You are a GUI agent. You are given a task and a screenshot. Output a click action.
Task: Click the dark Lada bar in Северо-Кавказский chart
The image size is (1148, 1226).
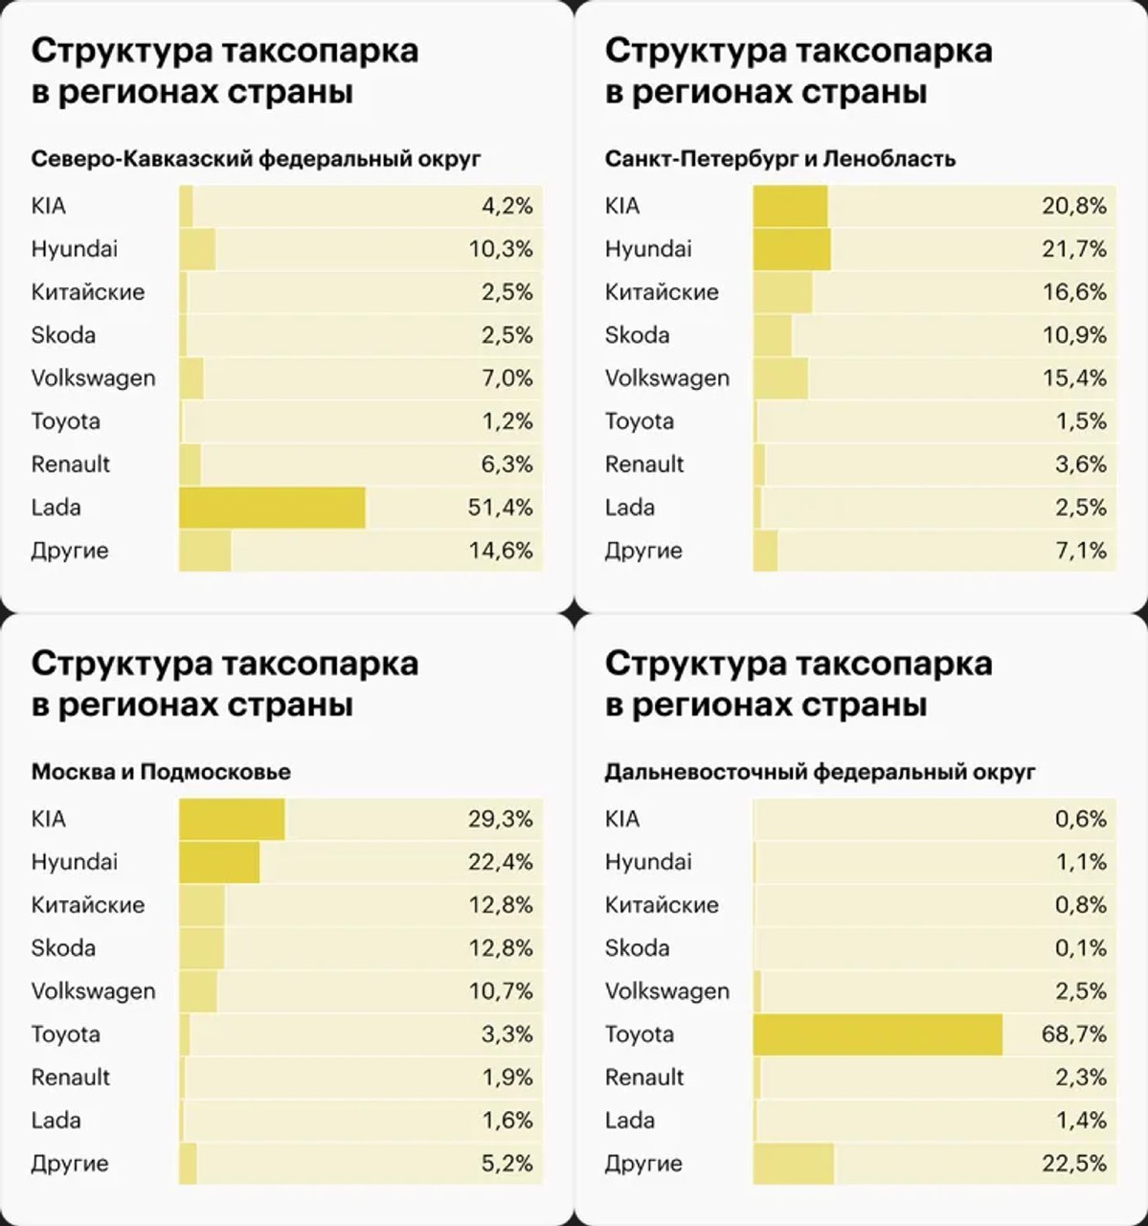coord(272,508)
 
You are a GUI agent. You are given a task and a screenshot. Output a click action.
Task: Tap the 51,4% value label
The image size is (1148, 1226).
coord(500,508)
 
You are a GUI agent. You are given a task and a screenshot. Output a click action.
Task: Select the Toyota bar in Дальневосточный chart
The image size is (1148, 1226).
coord(877,1034)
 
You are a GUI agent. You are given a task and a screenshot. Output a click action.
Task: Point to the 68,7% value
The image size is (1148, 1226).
coord(1073,1034)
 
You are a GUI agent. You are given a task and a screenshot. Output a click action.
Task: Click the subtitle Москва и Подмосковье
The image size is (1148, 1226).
coord(161,772)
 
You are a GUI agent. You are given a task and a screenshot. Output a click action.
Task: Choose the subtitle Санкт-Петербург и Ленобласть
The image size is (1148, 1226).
coord(779,159)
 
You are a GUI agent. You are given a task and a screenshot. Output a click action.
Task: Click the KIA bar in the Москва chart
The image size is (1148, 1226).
coord(232,819)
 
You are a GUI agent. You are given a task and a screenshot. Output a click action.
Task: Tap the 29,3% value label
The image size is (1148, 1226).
coord(500,819)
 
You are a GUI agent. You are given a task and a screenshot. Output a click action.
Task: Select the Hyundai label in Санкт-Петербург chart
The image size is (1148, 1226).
coord(648,249)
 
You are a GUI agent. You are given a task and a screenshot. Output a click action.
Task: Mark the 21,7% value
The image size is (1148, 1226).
coord(1073,249)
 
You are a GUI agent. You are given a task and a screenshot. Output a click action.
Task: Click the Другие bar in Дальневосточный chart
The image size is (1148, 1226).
coord(794,1164)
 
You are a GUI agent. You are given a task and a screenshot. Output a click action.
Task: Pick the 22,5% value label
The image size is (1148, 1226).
coord(1073,1164)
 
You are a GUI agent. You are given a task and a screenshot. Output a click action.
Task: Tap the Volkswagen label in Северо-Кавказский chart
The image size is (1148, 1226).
coord(93,378)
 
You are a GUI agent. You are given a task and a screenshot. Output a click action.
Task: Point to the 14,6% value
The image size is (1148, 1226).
coord(500,551)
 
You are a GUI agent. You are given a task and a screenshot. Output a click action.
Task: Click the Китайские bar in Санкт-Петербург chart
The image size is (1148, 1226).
coord(782,292)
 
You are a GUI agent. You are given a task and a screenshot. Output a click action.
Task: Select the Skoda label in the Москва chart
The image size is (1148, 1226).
coord(63,948)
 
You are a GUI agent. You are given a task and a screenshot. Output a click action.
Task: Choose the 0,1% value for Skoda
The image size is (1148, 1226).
coord(1081,948)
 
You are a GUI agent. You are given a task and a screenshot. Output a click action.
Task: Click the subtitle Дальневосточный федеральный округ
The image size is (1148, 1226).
coord(820,772)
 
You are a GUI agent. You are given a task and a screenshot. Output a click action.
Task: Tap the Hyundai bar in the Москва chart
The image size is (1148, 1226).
coord(219,862)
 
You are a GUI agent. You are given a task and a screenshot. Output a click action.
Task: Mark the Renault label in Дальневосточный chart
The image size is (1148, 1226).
coord(644,1078)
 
